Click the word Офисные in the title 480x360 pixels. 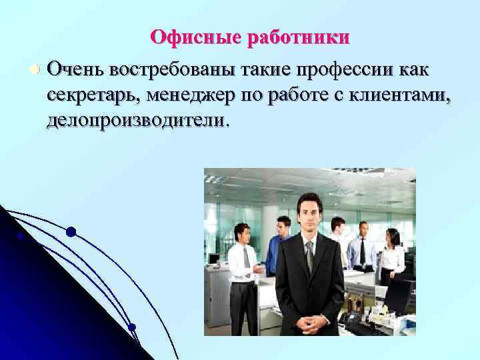tap(196, 37)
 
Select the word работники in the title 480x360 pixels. tap(298, 37)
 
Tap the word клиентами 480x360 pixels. tap(397, 96)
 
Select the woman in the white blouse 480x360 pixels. tap(391, 257)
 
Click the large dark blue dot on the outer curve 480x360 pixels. tap(71, 233)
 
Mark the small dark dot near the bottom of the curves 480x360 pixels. tap(132, 327)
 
